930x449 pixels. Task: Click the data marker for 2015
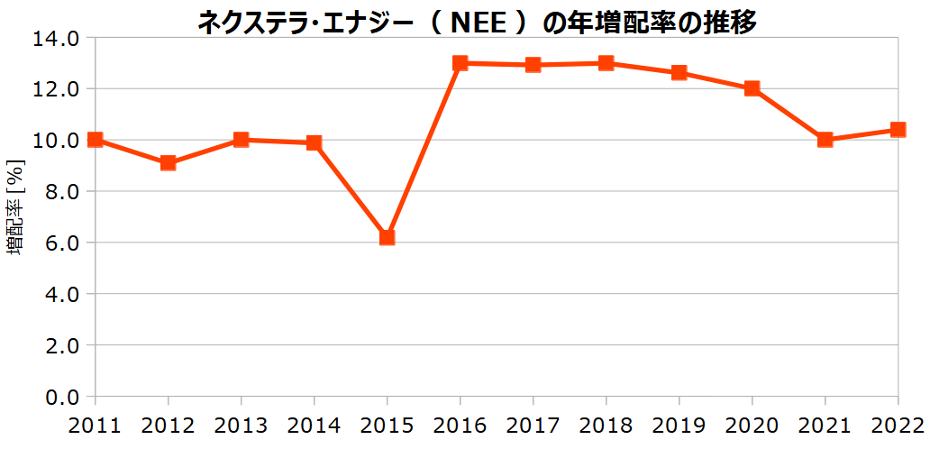387,237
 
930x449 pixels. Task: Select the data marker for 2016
460,63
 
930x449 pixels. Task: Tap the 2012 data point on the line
169,163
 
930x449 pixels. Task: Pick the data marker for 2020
752,88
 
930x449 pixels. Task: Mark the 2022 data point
898,130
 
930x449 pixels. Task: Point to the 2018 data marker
606,63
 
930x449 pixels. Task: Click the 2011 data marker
96,140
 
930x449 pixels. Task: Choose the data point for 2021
825,140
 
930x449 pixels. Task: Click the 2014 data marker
315,142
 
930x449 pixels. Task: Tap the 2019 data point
679,73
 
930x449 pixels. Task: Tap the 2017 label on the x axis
533,425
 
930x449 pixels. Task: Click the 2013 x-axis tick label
242,425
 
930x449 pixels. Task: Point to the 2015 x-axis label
387,425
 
